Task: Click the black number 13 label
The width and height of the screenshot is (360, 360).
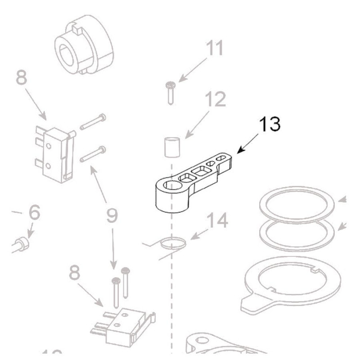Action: (269, 124)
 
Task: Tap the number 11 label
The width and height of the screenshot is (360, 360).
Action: (215, 49)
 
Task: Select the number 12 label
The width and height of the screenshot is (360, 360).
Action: (215, 100)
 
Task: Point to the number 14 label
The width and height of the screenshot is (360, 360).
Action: (216, 221)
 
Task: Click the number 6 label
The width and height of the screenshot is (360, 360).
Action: (35, 212)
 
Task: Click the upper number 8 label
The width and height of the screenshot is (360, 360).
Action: (21, 77)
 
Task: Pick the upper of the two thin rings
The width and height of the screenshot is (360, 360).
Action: (299, 205)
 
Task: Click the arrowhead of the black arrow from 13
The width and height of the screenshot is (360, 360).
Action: (237, 151)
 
